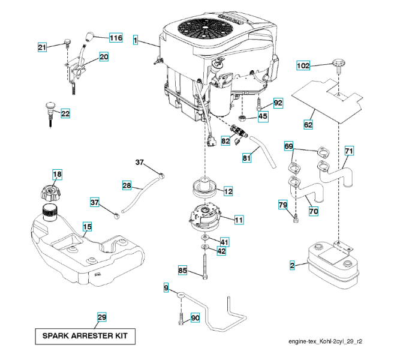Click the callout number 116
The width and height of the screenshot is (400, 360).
tap(115, 38)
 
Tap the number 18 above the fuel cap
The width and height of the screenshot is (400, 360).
tap(57, 175)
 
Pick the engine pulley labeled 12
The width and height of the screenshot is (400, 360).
tap(205, 186)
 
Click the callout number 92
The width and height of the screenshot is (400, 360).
tap(278, 104)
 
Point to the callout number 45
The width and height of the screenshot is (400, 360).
tap(263, 116)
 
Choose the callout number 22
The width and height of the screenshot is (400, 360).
tap(65, 113)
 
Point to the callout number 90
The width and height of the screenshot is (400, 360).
tap(195, 317)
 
